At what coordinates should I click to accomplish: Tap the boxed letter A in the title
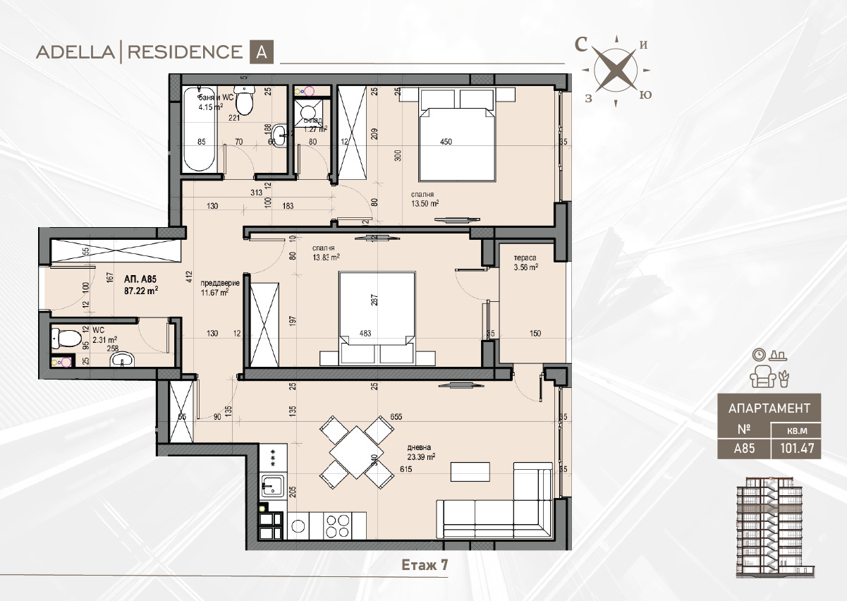[261, 52]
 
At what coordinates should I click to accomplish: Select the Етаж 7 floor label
[425, 564]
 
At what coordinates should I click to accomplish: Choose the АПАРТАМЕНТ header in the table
[769, 407]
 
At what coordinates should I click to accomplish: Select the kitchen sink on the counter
[272, 486]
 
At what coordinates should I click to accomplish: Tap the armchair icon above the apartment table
[762, 377]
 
